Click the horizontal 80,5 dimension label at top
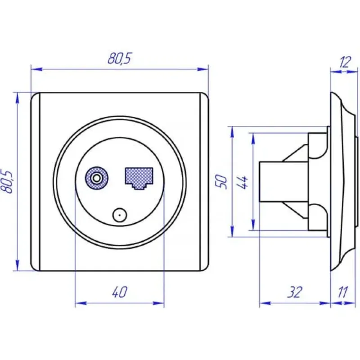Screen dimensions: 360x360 (119, 58)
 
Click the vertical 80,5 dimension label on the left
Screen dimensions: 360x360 (7, 182)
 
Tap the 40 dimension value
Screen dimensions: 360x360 (120, 292)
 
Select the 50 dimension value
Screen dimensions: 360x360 (221, 182)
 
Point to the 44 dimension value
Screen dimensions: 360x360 (243, 182)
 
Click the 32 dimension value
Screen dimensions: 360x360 (295, 292)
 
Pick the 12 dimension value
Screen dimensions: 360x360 (345, 62)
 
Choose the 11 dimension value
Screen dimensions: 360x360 (343, 292)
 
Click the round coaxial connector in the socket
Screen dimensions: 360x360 (97, 178)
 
